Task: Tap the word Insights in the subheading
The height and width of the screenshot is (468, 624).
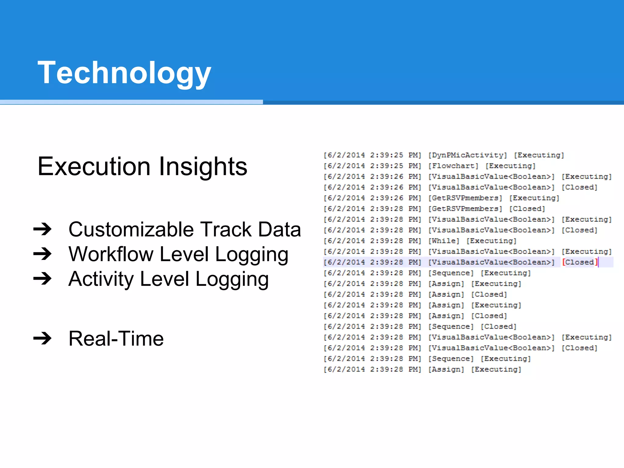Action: click(203, 166)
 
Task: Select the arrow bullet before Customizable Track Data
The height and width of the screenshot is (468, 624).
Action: click(43, 229)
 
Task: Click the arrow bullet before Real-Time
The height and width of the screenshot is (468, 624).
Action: click(43, 338)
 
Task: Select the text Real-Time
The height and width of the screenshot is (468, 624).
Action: click(116, 338)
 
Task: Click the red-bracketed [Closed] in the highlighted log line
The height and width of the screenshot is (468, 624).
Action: click(580, 262)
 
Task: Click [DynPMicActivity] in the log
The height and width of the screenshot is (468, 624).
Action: click(467, 155)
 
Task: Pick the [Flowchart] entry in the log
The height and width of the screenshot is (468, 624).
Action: click(453, 166)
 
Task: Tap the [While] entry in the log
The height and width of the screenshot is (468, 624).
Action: click(444, 241)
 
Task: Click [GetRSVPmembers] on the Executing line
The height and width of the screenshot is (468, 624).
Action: click(465, 198)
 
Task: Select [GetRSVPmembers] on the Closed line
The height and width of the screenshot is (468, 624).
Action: click(465, 209)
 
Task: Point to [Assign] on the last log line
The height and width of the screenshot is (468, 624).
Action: click(446, 369)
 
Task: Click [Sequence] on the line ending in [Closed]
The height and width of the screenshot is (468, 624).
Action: click(451, 326)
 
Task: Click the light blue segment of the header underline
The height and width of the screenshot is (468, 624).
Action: click(131, 102)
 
